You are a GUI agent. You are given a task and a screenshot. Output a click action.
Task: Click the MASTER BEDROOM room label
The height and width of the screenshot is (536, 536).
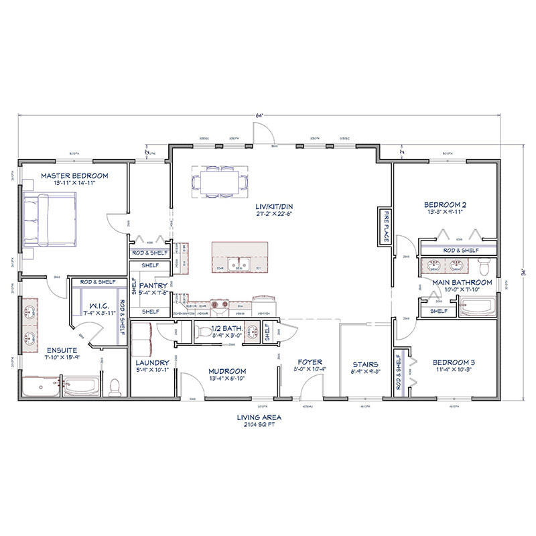(x=74, y=176)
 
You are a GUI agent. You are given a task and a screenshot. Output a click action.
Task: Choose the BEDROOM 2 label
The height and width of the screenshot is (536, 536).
(x=445, y=204)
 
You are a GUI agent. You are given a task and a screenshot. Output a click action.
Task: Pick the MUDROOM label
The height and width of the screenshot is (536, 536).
(x=226, y=371)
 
